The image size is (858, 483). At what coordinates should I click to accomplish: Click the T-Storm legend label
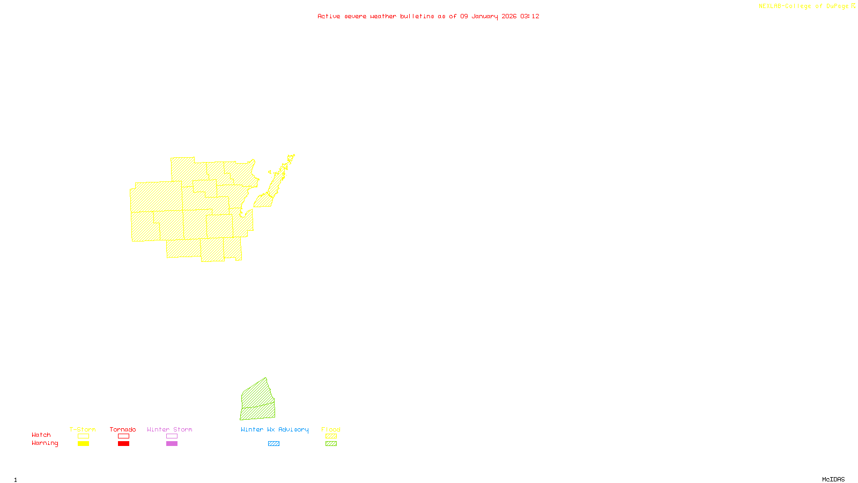coord(83,429)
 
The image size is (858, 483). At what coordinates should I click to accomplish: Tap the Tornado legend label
coord(123,429)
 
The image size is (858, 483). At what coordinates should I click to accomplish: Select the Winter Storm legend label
coord(169,429)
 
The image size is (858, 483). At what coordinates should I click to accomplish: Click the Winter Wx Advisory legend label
coord(275,429)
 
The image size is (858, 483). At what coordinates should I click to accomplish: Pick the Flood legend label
coord(331,429)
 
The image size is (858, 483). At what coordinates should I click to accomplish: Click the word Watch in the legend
coord(41,435)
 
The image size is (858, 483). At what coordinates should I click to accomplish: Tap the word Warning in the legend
coord(45,443)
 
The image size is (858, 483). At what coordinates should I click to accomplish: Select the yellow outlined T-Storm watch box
coord(83,436)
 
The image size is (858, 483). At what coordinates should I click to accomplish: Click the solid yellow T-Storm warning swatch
coord(83,444)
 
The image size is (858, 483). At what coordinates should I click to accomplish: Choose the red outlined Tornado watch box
coord(123,436)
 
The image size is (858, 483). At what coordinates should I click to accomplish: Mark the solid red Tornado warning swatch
coord(123,444)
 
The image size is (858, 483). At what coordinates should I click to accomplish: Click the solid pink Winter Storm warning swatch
coord(172,444)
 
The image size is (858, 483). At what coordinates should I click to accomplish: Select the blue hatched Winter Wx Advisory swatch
coord(273,444)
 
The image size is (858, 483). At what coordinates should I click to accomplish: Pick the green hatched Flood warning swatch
coord(331,444)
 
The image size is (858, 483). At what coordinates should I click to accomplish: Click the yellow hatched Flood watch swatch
coord(331,436)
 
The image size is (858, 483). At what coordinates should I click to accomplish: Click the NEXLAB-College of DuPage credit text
coord(807,6)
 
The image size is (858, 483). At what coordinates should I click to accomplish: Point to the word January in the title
coord(485,16)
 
